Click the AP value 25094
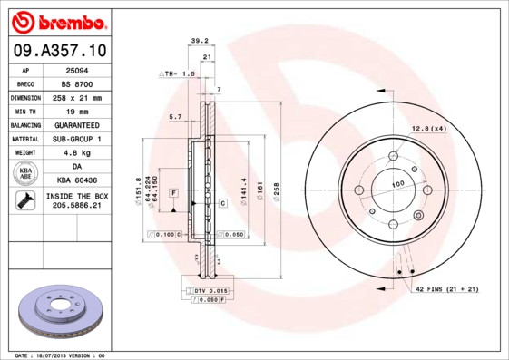click(76, 69)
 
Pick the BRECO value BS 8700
click(76, 83)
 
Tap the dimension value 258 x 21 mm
click(76, 97)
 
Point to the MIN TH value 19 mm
click(76, 111)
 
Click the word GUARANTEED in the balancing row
click(76, 124)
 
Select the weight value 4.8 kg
click(76, 152)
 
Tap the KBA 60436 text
click(76, 180)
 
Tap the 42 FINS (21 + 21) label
click(447, 288)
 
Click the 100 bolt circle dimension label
click(397, 184)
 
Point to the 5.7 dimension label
click(175, 117)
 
